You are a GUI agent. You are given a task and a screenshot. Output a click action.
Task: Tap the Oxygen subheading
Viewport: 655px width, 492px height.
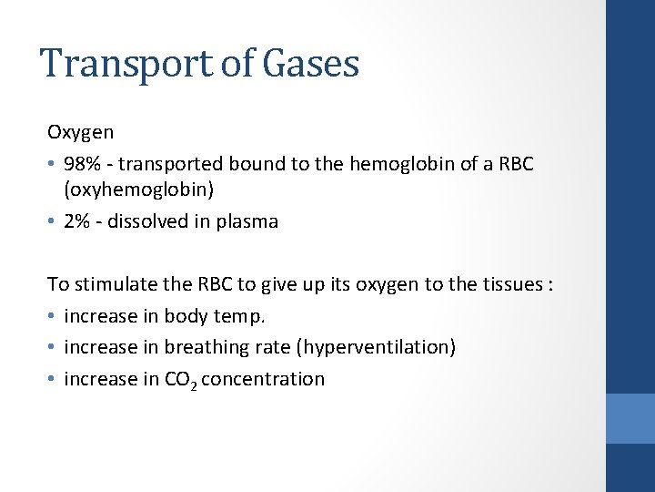click(x=81, y=132)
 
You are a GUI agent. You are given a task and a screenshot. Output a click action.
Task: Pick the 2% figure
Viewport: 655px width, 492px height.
click(x=76, y=221)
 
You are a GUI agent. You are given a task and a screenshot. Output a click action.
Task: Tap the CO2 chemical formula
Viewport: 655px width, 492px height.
click(x=180, y=380)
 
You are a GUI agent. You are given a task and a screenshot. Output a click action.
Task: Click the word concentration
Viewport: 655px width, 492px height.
click(x=263, y=379)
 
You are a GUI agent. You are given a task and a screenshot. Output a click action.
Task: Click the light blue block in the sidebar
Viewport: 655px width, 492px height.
click(x=630, y=418)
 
